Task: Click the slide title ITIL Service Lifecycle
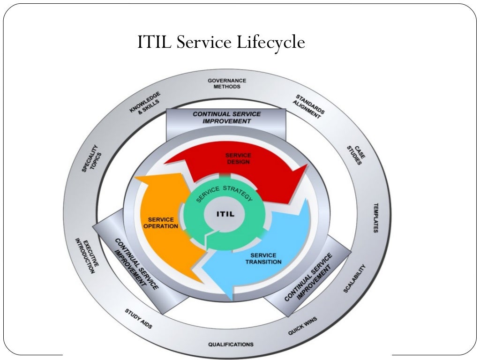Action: click(221, 43)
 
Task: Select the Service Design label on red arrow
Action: click(238, 158)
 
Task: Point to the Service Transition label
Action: click(263, 258)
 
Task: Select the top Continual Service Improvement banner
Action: click(226, 117)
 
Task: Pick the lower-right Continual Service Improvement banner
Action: click(308, 277)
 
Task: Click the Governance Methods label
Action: click(227, 83)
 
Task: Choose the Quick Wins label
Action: click(302, 326)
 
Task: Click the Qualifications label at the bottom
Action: click(231, 344)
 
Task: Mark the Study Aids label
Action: click(138, 319)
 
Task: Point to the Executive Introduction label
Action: click(87, 256)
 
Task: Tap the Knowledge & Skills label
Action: click(145, 102)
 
